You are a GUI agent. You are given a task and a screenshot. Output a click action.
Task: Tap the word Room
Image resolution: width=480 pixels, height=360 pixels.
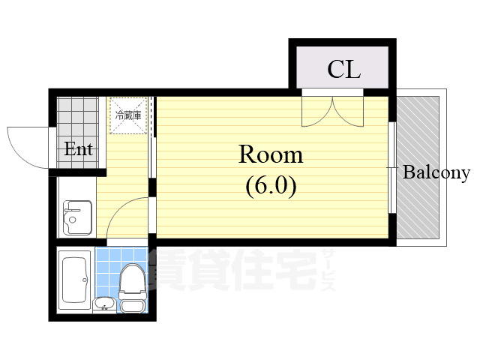(x=270, y=155)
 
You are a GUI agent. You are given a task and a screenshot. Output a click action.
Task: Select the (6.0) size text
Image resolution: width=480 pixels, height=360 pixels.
(x=271, y=184)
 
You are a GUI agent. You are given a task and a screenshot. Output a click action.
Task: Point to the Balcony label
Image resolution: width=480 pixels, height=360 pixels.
(x=436, y=173)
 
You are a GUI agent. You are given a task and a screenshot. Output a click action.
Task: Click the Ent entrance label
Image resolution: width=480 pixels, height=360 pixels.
(x=78, y=149)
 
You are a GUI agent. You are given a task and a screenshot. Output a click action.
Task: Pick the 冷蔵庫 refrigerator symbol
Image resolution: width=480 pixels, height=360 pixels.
(x=127, y=116)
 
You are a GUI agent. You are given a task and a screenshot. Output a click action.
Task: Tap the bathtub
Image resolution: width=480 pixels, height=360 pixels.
(x=75, y=279)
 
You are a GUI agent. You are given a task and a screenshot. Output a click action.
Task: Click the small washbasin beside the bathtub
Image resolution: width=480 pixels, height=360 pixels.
(x=104, y=303)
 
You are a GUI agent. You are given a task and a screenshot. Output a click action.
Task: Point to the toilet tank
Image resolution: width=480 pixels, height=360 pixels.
(x=133, y=305)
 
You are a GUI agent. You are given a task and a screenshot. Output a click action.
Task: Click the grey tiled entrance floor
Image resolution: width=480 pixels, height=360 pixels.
(x=77, y=116)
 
